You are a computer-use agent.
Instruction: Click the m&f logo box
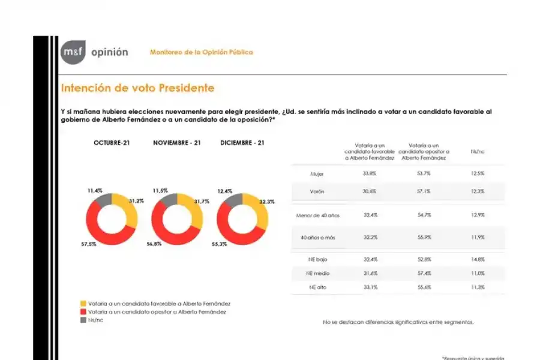coord(73,52)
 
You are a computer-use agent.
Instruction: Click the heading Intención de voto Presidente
coord(137,88)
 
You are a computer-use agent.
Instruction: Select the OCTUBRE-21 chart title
coord(112,143)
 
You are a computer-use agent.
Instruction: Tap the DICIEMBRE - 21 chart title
coord(242,143)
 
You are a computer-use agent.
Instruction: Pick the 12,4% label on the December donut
coord(225,191)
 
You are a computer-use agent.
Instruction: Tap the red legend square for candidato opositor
coord(83,311)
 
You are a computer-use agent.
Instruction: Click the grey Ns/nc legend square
coord(83,320)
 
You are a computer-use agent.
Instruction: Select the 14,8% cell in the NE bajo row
coord(477,259)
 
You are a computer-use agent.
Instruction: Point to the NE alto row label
coord(317,287)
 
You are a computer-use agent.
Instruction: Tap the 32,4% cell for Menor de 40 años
coord(370,214)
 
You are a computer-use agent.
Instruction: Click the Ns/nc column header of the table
coord(478,151)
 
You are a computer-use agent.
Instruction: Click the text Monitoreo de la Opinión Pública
coord(201,52)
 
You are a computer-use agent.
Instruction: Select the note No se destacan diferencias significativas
coord(398,322)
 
